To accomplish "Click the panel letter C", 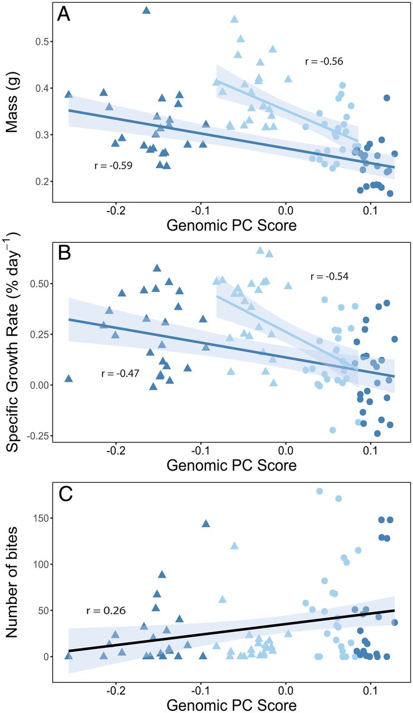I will pyautogui.click(x=65, y=494).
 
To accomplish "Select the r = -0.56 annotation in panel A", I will pyautogui.click(x=324, y=61).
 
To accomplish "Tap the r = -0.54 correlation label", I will pyautogui.click(x=330, y=276).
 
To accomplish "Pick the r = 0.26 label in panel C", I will pyautogui.click(x=106, y=611).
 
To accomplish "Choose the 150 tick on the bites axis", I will pyautogui.click(x=36, y=518).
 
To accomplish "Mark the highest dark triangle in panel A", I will pyautogui.click(x=146, y=10).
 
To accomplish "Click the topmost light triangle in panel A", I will pyautogui.click(x=234, y=19).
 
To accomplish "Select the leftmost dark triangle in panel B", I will pyautogui.click(x=69, y=378).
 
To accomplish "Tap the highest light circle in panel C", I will pyautogui.click(x=319, y=491).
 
